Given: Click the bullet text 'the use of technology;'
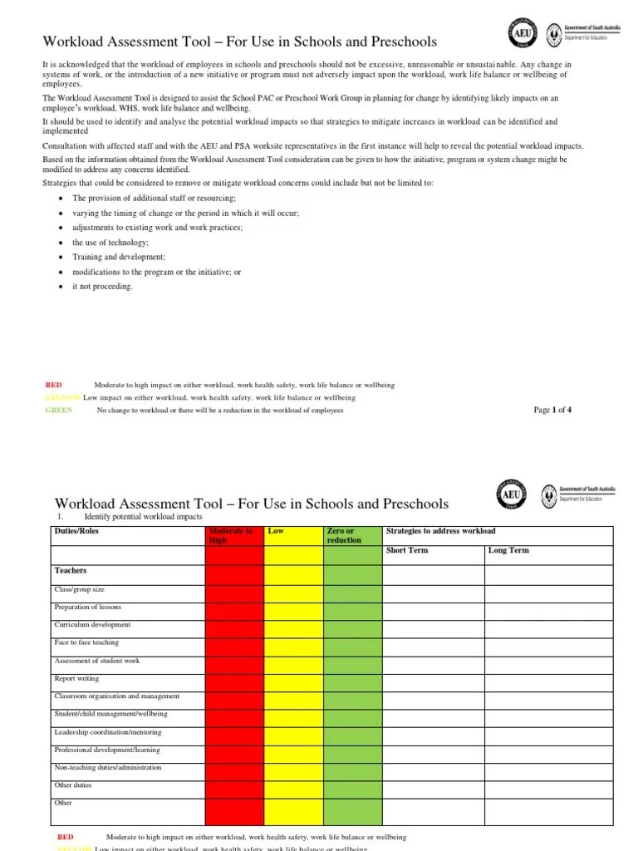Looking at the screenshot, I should click(x=110, y=243).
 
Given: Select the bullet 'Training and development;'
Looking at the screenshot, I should click(x=119, y=258).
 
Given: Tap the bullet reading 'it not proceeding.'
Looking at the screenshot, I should click(x=102, y=287).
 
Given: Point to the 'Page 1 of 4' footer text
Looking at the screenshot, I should click(x=552, y=410).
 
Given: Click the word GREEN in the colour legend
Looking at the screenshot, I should click(x=59, y=411).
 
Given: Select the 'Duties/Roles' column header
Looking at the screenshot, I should click(x=76, y=531).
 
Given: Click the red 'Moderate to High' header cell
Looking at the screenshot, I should click(x=233, y=535).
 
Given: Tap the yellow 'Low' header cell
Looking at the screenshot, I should click(x=293, y=535).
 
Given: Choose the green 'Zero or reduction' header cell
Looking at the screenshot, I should click(x=352, y=535).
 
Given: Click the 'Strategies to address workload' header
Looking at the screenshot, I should click(x=441, y=531).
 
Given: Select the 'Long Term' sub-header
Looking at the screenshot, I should click(x=508, y=550).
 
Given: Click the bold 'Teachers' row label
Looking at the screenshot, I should click(x=71, y=571).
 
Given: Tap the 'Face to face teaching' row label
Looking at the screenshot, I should click(x=86, y=642).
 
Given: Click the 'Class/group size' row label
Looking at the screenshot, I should click(x=81, y=588).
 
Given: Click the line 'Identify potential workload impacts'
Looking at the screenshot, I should click(x=144, y=517).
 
